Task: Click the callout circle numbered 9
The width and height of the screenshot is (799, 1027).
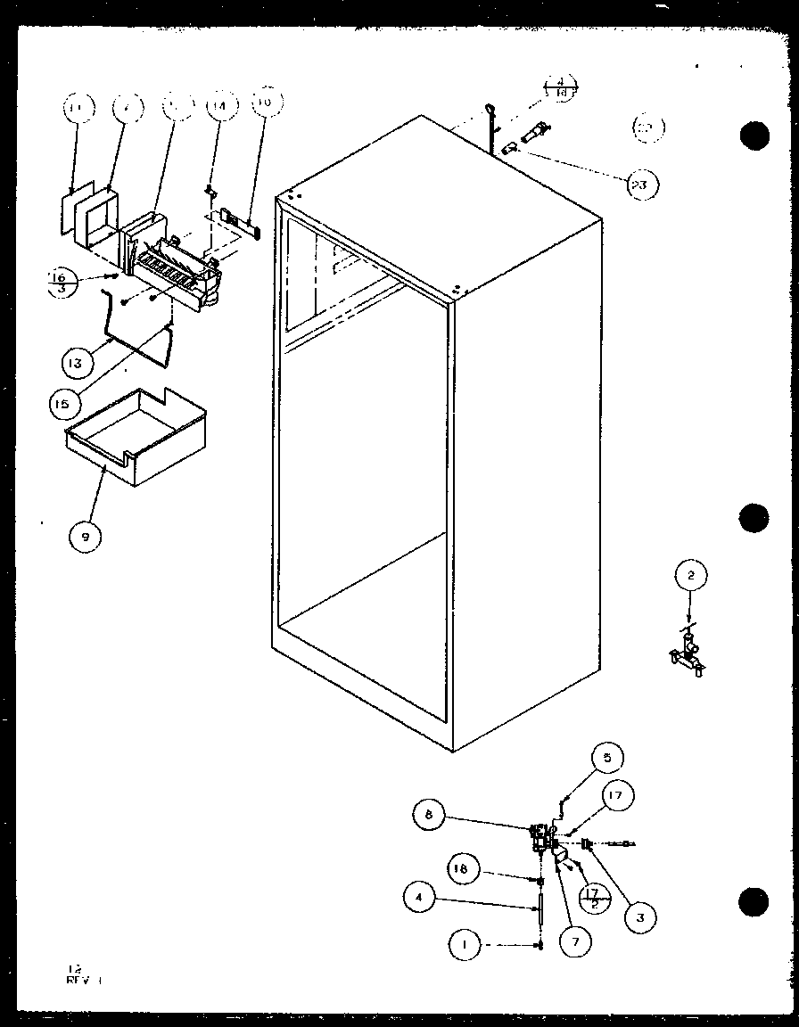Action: click(x=86, y=536)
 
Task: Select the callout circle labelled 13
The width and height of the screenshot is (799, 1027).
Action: click(x=77, y=363)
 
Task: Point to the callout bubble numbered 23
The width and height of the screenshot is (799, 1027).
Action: click(x=642, y=185)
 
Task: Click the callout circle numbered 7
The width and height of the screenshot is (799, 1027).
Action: click(x=575, y=941)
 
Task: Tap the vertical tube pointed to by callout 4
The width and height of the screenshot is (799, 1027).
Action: click(x=540, y=917)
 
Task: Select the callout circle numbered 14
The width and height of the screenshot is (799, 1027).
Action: click(x=217, y=106)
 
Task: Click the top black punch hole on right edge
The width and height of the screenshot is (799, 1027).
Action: click(x=754, y=135)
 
